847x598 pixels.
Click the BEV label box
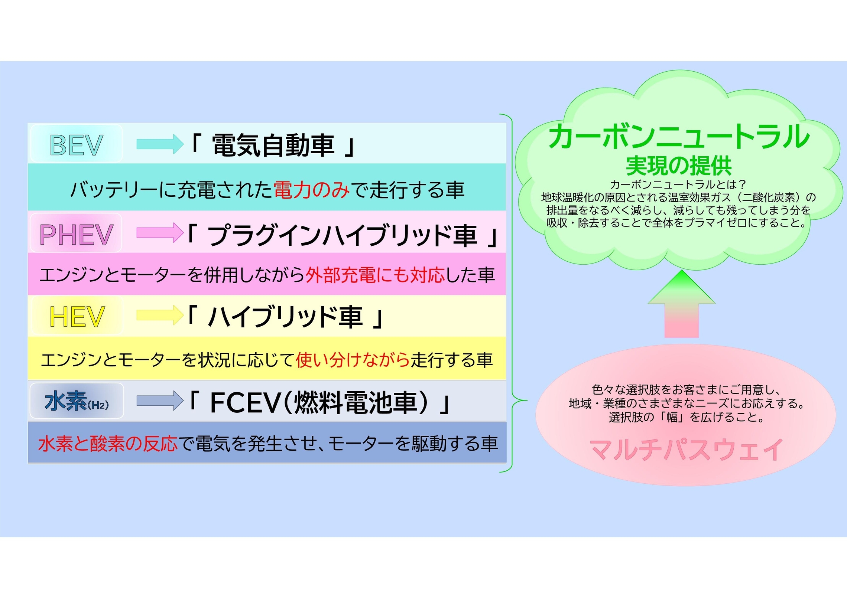coord(76,144)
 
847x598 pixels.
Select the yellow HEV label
coord(77,316)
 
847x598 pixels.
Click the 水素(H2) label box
coord(77,401)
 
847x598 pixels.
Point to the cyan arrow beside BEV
coord(160,144)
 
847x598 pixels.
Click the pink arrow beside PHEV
coord(160,233)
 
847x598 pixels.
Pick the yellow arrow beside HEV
coord(160,315)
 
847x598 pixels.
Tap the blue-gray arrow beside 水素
coord(160,401)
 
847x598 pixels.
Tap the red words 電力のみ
coord(311,190)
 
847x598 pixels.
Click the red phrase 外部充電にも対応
coord(375,275)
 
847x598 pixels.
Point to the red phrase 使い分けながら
coord(353,360)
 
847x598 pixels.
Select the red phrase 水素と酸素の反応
coord(108,444)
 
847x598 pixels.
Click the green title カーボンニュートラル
coord(679,137)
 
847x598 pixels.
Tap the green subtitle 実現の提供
coord(679,166)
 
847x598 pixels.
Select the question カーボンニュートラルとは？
coord(678,184)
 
